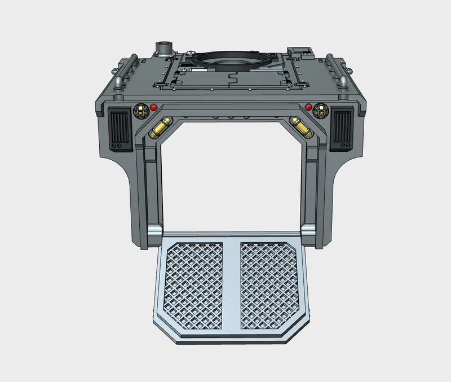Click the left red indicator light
click(153, 107)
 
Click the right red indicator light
click(308, 107)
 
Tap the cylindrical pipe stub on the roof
click(165, 49)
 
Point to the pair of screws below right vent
click(342, 146)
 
